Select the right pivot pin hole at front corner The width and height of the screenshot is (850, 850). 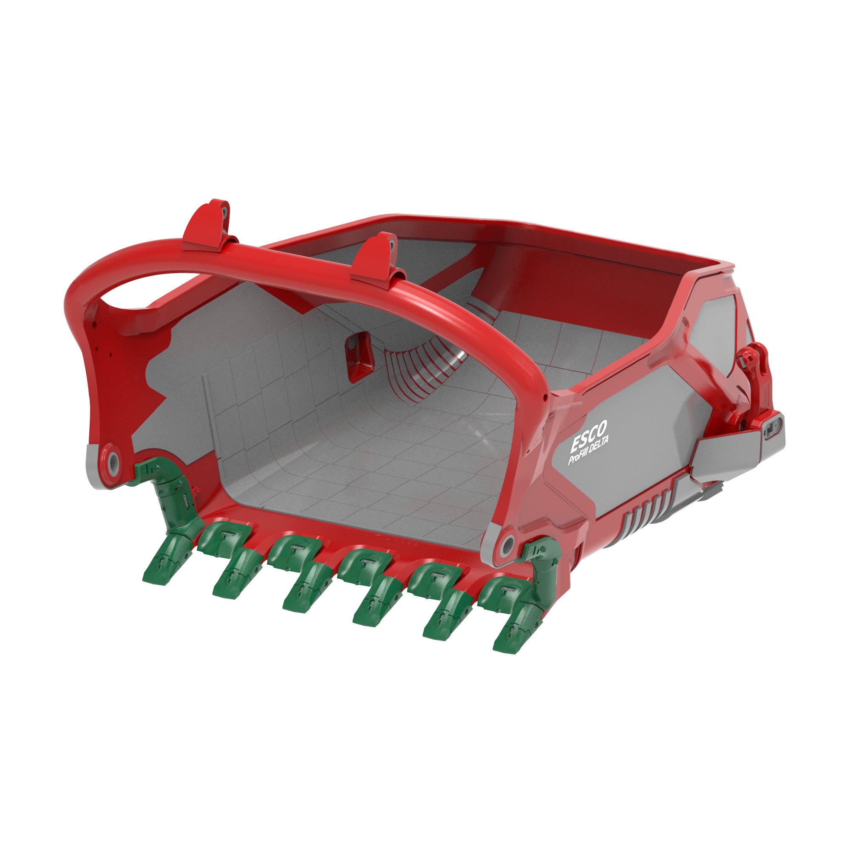(x=508, y=544)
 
